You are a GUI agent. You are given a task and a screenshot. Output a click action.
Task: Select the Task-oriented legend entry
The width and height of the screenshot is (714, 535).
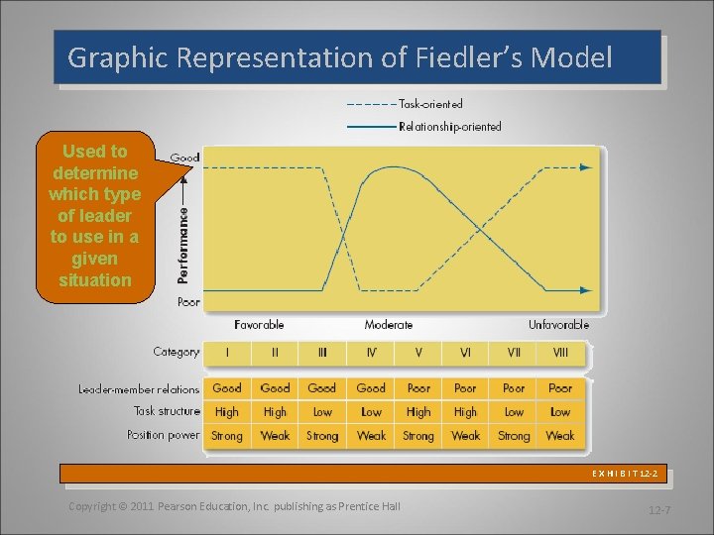(430, 103)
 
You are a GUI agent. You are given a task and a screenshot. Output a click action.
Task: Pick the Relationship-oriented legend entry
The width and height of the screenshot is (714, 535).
(449, 126)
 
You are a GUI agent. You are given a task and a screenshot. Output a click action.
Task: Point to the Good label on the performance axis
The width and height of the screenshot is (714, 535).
(184, 158)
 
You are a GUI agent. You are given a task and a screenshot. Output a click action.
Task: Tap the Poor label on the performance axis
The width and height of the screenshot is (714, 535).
(186, 301)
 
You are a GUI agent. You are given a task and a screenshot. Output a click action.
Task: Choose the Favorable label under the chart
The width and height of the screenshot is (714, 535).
(259, 325)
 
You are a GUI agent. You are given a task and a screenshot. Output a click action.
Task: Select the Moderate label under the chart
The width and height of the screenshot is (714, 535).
(389, 325)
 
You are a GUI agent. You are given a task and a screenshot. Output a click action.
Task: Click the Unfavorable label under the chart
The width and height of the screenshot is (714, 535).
(558, 325)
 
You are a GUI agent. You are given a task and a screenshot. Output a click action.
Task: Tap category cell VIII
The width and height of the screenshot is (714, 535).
(560, 353)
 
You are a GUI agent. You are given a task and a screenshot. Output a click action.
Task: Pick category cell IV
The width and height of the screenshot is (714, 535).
(371, 353)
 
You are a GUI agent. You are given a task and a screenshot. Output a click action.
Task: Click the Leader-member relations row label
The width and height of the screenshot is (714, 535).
(139, 389)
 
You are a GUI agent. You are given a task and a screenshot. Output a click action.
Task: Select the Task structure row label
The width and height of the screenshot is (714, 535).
(167, 411)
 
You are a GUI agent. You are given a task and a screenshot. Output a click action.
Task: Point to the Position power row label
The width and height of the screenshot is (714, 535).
(163, 435)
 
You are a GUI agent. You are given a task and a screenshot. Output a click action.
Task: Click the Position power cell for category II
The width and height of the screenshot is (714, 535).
(275, 436)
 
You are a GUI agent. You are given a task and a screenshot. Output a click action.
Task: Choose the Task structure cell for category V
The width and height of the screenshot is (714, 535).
(418, 412)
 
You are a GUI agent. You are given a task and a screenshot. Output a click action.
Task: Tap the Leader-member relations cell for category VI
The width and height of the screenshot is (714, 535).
(465, 388)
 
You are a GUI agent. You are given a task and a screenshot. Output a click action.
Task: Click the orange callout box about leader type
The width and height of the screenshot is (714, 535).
(95, 215)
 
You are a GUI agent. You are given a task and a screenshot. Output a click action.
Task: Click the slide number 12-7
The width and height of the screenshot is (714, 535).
(660, 510)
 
